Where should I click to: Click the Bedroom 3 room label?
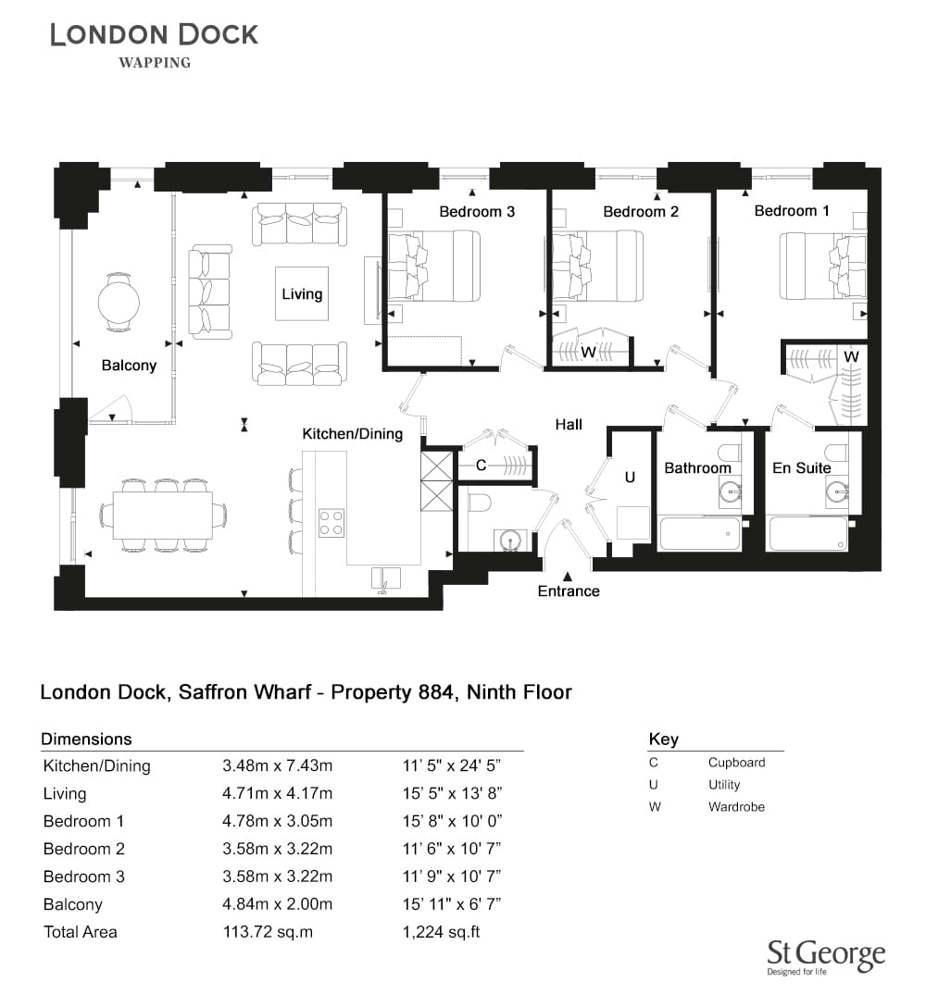477,211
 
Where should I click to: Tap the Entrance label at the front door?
569,591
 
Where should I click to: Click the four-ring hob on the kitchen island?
331,522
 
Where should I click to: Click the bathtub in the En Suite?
808,534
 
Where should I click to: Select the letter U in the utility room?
630,478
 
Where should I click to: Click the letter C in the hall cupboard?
481,466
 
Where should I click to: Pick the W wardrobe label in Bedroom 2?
589,352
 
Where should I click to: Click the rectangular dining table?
163,515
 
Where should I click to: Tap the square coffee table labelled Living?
302,293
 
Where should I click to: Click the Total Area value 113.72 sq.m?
268,932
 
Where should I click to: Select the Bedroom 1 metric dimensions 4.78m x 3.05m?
278,821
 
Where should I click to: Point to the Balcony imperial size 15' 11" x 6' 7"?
452,903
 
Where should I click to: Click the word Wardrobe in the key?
736,807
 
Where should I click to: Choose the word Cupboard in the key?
736,763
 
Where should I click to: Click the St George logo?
826,958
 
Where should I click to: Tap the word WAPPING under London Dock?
155,62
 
